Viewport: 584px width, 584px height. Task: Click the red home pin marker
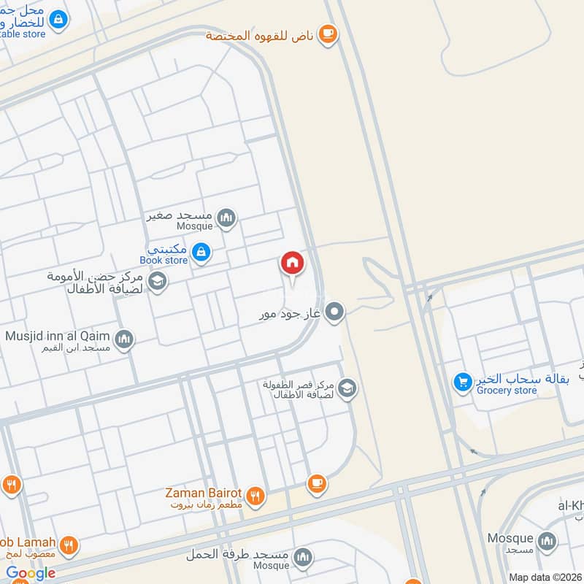click(x=292, y=263)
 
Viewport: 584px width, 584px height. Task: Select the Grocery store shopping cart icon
click(x=462, y=381)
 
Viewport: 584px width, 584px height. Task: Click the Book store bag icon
click(x=201, y=253)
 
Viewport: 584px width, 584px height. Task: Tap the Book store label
click(x=164, y=260)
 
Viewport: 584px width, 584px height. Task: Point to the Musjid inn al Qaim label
click(x=58, y=337)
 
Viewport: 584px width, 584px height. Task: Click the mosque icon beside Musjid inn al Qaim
click(x=125, y=339)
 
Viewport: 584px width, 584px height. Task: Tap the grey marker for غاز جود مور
click(x=334, y=312)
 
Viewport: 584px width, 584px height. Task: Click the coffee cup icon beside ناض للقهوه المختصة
click(x=328, y=34)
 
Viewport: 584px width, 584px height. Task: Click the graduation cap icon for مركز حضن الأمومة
click(x=157, y=280)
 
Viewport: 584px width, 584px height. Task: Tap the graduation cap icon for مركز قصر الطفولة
click(x=347, y=388)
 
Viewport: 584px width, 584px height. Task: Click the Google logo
click(x=31, y=573)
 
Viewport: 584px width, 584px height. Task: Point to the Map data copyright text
click(x=545, y=577)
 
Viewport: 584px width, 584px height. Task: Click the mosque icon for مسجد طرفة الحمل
click(x=302, y=558)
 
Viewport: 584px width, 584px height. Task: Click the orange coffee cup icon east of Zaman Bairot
click(x=316, y=483)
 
